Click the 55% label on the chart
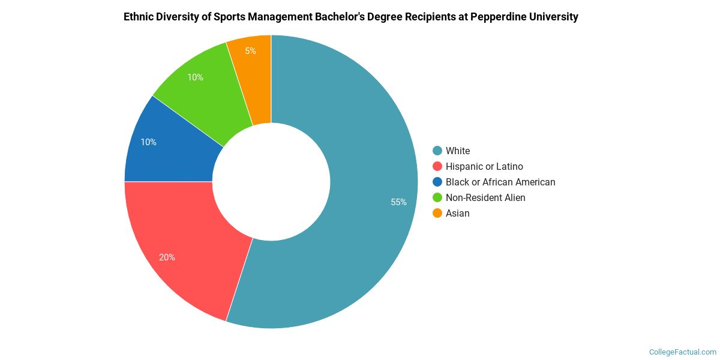[x=398, y=202]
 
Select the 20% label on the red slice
[x=167, y=257]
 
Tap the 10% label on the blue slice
[x=148, y=142]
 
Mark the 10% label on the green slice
[x=195, y=77]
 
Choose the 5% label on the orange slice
[x=250, y=51]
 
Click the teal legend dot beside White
[x=437, y=151]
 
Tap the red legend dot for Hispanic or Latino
[x=437, y=166]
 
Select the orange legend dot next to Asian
[x=437, y=213]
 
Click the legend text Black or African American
[x=500, y=182]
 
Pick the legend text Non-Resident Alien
[x=485, y=197]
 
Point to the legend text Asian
[x=457, y=213]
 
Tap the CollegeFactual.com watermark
[x=682, y=352]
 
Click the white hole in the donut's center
[x=271, y=181]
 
